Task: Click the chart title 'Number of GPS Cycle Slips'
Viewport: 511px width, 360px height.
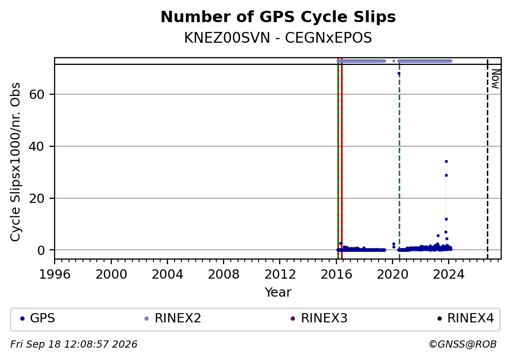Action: point(278,17)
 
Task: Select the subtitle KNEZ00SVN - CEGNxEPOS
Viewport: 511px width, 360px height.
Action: point(278,38)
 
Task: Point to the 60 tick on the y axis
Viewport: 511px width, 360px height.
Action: point(37,94)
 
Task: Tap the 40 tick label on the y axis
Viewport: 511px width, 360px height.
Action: point(37,146)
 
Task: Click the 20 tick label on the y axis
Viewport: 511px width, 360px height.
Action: point(37,198)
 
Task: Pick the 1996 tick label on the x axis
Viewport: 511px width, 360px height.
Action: point(55,275)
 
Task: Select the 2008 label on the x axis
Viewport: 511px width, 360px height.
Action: point(224,275)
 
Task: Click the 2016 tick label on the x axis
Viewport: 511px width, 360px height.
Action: point(336,275)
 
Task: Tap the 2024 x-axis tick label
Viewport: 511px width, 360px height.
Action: point(449,275)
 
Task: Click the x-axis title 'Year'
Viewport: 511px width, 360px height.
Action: point(278,292)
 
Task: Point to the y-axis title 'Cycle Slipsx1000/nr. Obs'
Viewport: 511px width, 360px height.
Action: point(15,162)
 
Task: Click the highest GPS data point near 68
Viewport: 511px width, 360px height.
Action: point(399,74)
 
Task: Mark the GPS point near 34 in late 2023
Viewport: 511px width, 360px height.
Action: point(446,162)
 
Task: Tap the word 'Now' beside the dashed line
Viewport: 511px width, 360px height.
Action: point(496,79)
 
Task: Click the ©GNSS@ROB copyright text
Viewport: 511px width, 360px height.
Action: point(463,345)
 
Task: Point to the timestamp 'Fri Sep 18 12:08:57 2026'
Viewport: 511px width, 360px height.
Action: point(74,345)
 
